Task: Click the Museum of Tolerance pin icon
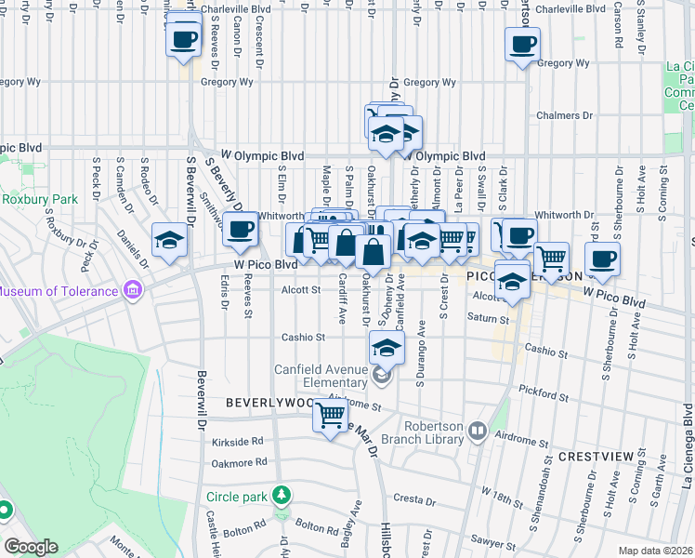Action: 133,290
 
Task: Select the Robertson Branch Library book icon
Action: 478,431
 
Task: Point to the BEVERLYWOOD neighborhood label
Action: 269,404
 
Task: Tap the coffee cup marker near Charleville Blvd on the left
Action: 184,38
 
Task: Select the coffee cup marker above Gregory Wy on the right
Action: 523,43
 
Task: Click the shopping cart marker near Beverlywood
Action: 330,414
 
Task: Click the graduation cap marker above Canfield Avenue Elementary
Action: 387,348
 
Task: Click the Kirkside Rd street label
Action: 238,441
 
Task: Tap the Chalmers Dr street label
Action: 564,116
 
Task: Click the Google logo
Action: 32,547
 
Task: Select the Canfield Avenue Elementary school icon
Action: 381,376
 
